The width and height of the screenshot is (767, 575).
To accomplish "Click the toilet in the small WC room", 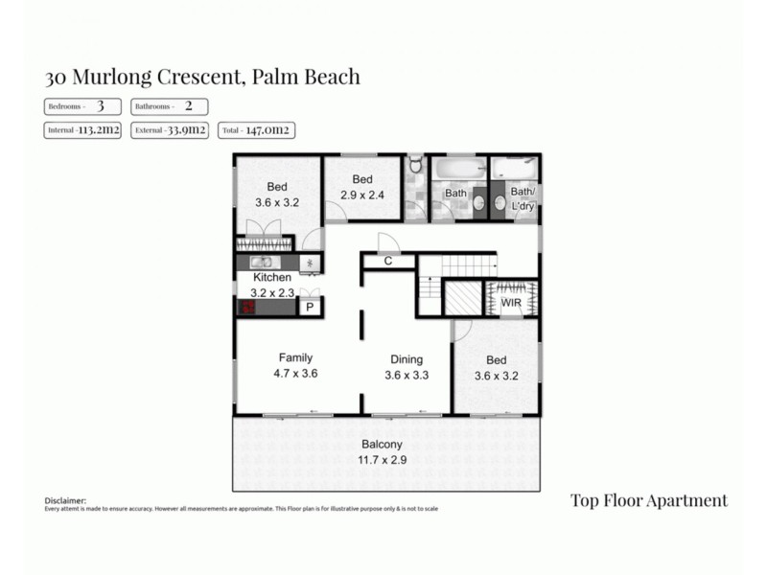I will (x=414, y=166).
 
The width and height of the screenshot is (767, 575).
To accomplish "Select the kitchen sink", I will (x=262, y=262).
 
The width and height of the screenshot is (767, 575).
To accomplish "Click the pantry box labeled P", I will (x=310, y=308).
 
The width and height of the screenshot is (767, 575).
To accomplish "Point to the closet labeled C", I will (x=388, y=261).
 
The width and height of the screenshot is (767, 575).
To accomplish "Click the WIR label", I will (x=511, y=304).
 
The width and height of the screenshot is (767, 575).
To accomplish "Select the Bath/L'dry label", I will (x=523, y=198).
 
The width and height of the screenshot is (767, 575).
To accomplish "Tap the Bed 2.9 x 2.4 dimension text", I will (x=361, y=195).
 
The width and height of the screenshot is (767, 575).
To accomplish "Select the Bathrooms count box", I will (x=169, y=106).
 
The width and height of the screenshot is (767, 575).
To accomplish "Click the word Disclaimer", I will (x=65, y=500).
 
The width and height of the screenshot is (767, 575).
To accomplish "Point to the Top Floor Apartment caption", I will (x=648, y=500).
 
